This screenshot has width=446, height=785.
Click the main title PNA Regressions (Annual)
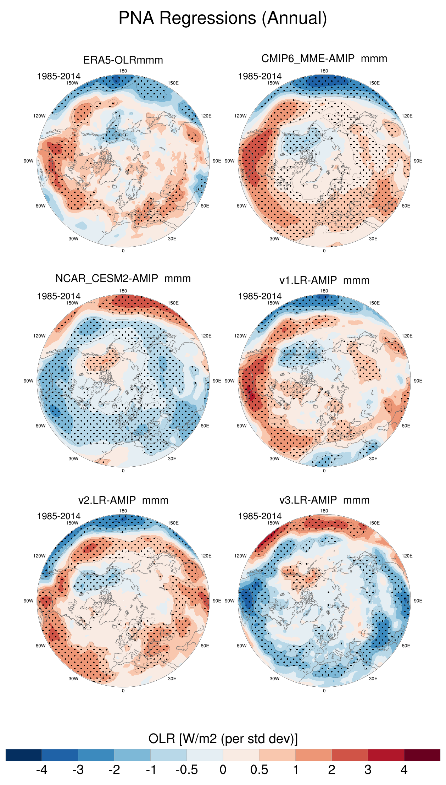223,18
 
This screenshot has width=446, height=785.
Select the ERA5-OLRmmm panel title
123,60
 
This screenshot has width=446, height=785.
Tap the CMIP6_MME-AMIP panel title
324,59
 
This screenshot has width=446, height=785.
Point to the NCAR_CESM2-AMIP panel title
123,279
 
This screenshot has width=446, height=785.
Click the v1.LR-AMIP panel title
324,280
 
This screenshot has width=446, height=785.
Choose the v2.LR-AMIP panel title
123,500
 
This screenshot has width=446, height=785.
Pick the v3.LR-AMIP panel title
324,500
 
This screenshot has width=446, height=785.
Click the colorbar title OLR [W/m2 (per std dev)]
223,739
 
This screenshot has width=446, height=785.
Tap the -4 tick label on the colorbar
41,770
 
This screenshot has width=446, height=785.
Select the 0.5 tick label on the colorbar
259,770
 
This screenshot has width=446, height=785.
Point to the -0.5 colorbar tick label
186,770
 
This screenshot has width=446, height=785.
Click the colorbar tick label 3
368,770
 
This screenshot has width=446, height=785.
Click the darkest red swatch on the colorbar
422,755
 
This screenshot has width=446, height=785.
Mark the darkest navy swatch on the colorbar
24,755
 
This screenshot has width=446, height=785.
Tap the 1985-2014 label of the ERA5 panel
59,76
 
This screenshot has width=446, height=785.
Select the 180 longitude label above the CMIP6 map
324,71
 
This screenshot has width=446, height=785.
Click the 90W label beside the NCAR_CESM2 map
28,381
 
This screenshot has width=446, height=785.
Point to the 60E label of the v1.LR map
406,426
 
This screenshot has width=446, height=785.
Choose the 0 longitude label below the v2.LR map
123,691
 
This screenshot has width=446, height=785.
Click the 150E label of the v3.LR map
374,523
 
